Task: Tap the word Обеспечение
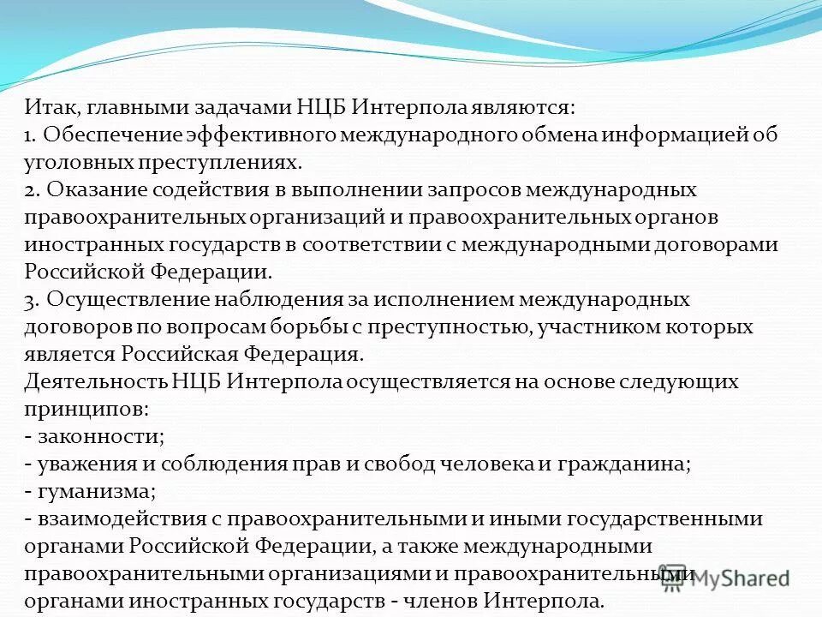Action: [106, 135]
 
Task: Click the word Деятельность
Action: [95, 381]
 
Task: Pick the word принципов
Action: [84, 409]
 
